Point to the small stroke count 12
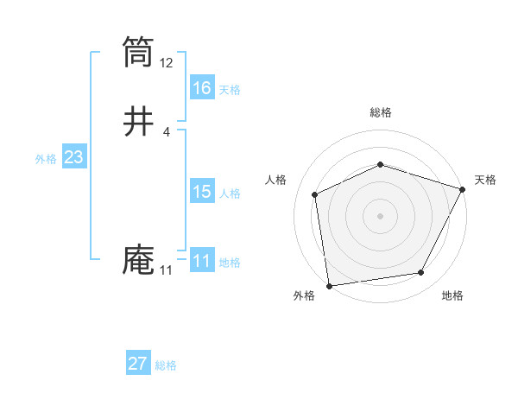pyautogui.click(x=167, y=63)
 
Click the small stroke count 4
pyautogui.click(x=166, y=131)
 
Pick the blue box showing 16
pyautogui.click(x=202, y=87)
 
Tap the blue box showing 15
pyautogui.click(x=202, y=192)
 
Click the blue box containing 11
pyautogui.click(x=202, y=261)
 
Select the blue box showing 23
pyautogui.click(x=73, y=157)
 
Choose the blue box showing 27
pyautogui.click(x=138, y=364)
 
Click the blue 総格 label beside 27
pyautogui.click(x=166, y=365)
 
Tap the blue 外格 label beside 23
pyautogui.click(x=46, y=159)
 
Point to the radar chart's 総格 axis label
pyautogui.click(x=381, y=112)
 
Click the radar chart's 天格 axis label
pyautogui.click(x=485, y=180)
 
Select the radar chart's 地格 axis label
pyautogui.click(x=452, y=295)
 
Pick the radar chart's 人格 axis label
pyautogui.click(x=275, y=180)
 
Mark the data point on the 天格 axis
pyautogui.click(x=463, y=189)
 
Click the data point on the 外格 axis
pyautogui.click(x=329, y=285)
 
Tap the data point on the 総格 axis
pyautogui.click(x=381, y=164)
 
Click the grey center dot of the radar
pyautogui.click(x=380, y=215)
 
